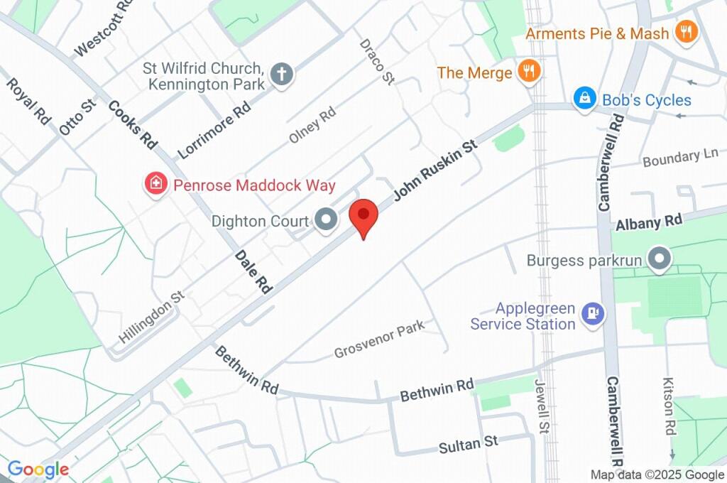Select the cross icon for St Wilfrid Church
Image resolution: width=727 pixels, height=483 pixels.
click(282, 75)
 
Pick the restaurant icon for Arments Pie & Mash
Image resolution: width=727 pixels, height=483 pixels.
click(687, 32)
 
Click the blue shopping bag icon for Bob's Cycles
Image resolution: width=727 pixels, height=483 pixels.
click(584, 99)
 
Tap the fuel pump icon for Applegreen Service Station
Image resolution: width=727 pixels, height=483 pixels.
click(592, 313)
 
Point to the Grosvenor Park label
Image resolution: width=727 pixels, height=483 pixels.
click(379, 340)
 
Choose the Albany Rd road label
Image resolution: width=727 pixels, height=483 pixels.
click(649, 222)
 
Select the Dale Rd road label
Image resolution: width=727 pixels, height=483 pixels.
click(253, 273)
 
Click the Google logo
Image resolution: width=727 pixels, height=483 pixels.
click(38, 469)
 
